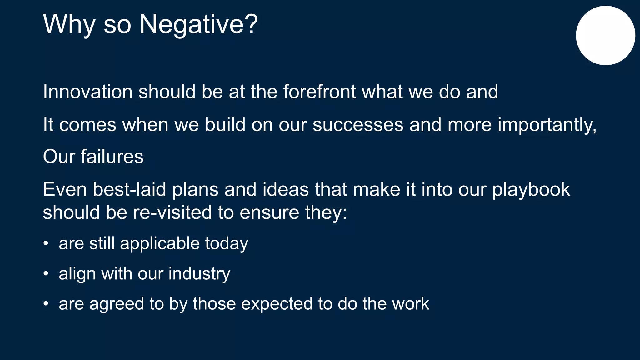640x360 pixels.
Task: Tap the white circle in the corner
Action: (x=605, y=36)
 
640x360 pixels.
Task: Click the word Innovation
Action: (x=87, y=92)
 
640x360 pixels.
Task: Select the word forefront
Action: (x=319, y=92)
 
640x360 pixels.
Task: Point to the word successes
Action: (x=358, y=125)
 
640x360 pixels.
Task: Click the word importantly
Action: (x=547, y=125)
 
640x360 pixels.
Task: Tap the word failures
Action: (x=112, y=157)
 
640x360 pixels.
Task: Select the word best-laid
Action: (x=129, y=189)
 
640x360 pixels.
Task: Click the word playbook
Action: (x=531, y=189)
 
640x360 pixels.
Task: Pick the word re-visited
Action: (x=172, y=212)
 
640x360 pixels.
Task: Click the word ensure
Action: (x=269, y=212)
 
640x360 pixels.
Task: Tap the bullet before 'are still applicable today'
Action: (x=46, y=243)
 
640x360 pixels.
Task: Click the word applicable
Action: (x=160, y=243)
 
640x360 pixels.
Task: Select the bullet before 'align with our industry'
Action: (x=46, y=274)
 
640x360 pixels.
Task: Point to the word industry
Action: (x=199, y=274)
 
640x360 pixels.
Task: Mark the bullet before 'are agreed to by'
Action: (x=46, y=304)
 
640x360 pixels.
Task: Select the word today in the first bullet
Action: (x=227, y=243)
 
